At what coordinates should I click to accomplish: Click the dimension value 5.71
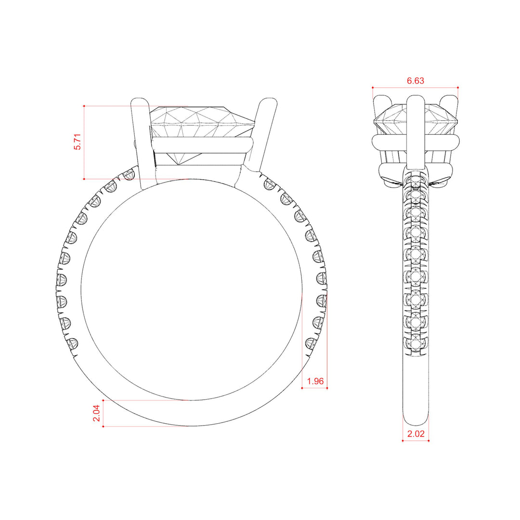(77, 142)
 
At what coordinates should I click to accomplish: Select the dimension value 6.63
(415, 80)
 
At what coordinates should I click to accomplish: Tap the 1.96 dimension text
(315, 381)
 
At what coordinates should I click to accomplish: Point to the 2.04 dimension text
(96, 413)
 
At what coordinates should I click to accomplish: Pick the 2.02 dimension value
(416, 434)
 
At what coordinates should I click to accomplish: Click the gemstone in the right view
(416, 119)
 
